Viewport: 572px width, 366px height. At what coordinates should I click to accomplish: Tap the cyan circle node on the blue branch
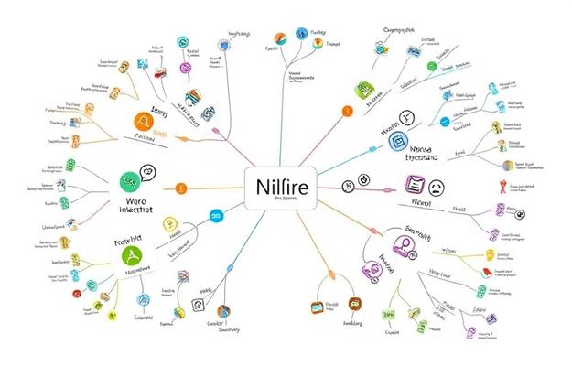click(217, 216)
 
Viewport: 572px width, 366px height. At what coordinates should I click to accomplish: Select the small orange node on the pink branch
click(346, 112)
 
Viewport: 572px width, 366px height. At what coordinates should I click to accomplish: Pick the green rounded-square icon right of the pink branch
click(362, 90)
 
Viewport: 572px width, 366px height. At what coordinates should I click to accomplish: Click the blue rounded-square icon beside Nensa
click(396, 141)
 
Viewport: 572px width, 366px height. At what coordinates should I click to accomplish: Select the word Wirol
click(420, 202)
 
